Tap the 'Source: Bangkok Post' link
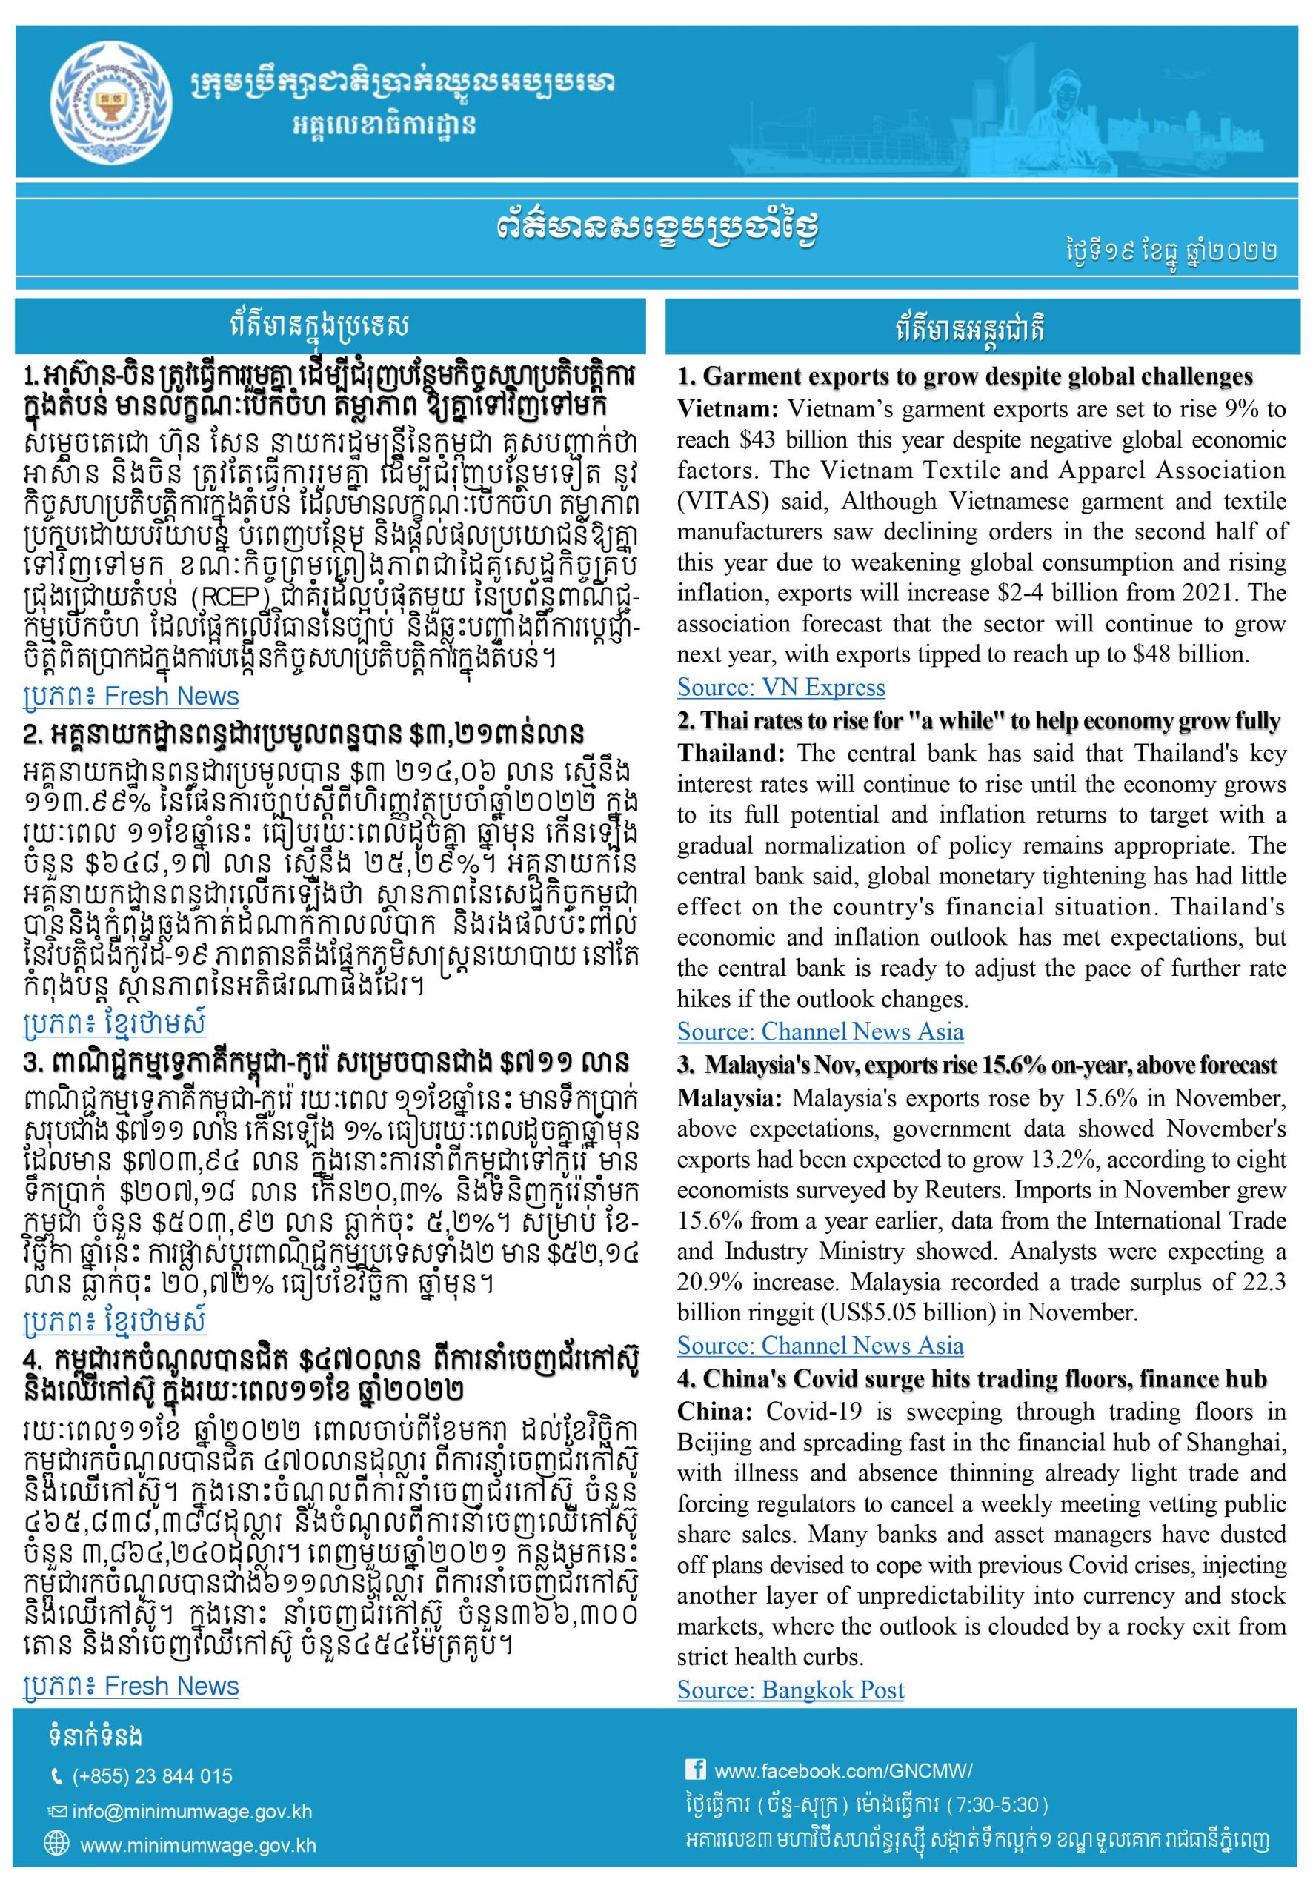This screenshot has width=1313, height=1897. (790, 1689)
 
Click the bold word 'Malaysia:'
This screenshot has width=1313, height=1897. (730, 1098)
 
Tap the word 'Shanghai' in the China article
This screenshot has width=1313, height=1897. (1235, 1442)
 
